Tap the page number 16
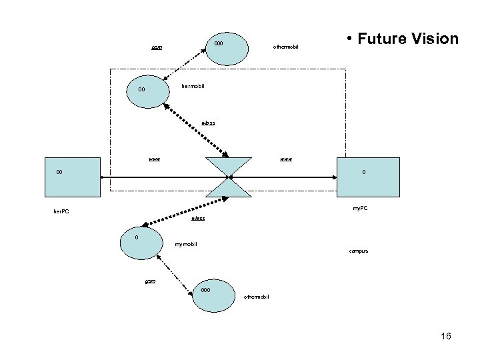445,336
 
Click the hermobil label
193,87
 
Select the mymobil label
185,245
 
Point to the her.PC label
61,212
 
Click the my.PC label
360,209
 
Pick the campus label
358,251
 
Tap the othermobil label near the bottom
257,296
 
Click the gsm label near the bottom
151,281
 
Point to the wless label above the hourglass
208,123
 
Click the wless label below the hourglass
197,219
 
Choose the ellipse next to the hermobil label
147,90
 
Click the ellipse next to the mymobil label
142,244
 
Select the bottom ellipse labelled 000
214,294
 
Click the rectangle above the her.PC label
72,177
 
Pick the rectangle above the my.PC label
369,177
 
